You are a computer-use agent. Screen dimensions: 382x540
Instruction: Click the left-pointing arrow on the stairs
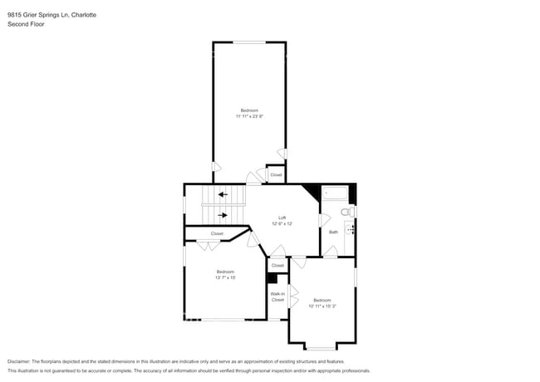[x=222, y=195]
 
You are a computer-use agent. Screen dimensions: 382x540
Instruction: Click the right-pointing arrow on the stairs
[x=222, y=214]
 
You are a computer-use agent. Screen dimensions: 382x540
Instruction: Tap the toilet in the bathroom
[x=350, y=212]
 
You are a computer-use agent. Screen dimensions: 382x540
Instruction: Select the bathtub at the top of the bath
[x=336, y=193]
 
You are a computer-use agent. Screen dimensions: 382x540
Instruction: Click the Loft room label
[x=282, y=218]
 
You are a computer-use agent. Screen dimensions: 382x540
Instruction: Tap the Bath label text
[x=333, y=232]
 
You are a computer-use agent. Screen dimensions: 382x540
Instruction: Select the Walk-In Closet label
[x=277, y=296]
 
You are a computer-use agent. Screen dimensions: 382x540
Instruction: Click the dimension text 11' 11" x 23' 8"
[x=249, y=116]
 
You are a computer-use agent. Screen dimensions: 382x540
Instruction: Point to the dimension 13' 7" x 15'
[x=225, y=277]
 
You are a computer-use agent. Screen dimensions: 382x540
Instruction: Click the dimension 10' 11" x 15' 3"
[x=322, y=306]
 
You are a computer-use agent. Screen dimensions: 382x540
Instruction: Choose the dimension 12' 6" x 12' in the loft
[x=282, y=223]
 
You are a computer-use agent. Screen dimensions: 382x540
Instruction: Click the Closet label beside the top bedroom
[x=276, y=174]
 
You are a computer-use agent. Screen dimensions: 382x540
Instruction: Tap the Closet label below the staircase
[x=217, y=233]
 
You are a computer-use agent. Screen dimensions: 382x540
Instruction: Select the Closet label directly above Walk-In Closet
[x=277, y=265]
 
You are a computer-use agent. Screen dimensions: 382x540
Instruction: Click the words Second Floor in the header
[x=26, y=24]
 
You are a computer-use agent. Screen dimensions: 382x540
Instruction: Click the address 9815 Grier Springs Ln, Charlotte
[x=52, y=14]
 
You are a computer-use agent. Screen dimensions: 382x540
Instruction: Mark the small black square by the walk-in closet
[x=272, y=278]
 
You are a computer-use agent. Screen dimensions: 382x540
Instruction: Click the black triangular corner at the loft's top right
[x=312, y=190]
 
